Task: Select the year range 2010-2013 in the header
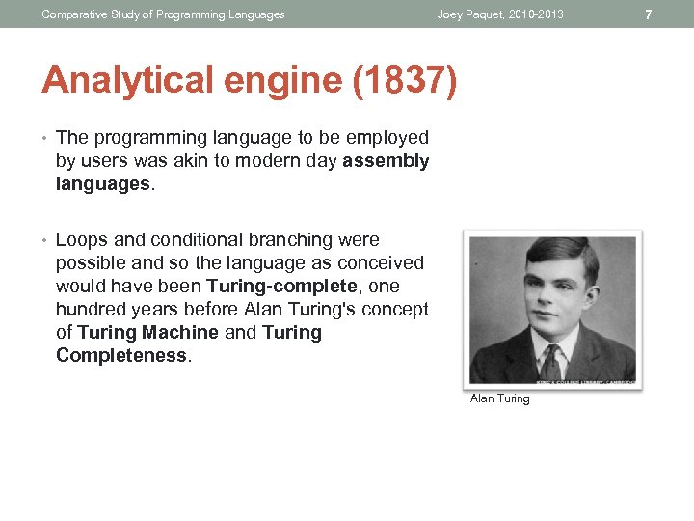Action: point(535,14)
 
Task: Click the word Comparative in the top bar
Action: point(75,14)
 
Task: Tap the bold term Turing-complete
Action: point(281,287)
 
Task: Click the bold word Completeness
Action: point(121,356)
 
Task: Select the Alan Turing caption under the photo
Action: point(499,398)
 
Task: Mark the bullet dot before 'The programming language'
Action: point(44,138)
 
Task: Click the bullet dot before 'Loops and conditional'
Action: point(44,240)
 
